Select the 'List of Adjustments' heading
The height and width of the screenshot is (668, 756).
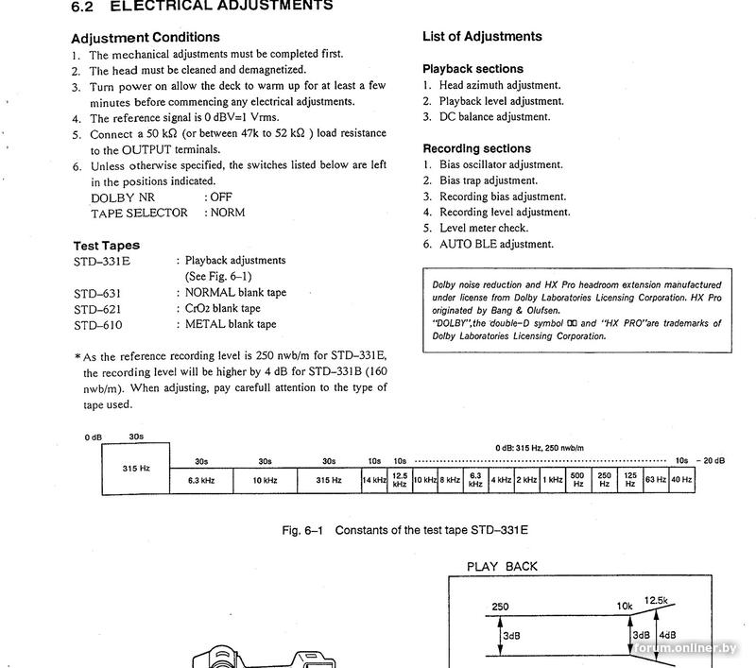click(x=482, y=37)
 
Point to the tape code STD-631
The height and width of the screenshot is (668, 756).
click(x=98, y=293)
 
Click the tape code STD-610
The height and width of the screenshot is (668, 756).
click(x=98, y=325)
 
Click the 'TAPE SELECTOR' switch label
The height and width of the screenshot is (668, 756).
click(x=139, y=214)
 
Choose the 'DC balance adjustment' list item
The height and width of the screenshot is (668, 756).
click(x=494, y=117)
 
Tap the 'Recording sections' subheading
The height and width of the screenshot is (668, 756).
click(x=476, y=148)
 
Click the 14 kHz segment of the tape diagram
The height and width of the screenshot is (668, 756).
click(x=374, y=480)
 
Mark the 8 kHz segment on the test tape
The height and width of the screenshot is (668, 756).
click(x=450, y=480)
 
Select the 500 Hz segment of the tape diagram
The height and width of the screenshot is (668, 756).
click(x=578, y=480)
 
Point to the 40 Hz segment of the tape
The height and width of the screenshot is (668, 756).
click(x=680, y=480)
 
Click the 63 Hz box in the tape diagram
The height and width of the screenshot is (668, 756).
click(x=655, y=480)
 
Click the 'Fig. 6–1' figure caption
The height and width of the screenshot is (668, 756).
click(x=404, y=530)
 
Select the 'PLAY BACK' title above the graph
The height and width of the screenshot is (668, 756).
click(x=502, y=567)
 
